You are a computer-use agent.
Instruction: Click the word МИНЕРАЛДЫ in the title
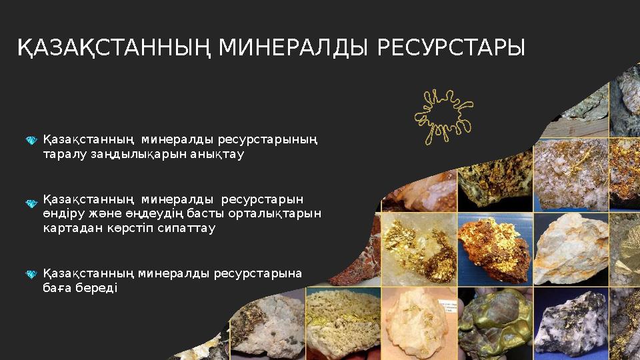point(292,48)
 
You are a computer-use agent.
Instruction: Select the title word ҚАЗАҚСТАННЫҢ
point(113,48)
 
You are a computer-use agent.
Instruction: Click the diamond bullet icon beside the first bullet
point(31,141)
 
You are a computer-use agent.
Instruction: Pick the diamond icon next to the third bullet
point(31,274)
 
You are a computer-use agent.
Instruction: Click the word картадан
point(68,228)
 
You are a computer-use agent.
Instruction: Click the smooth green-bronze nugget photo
point(494,323)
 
